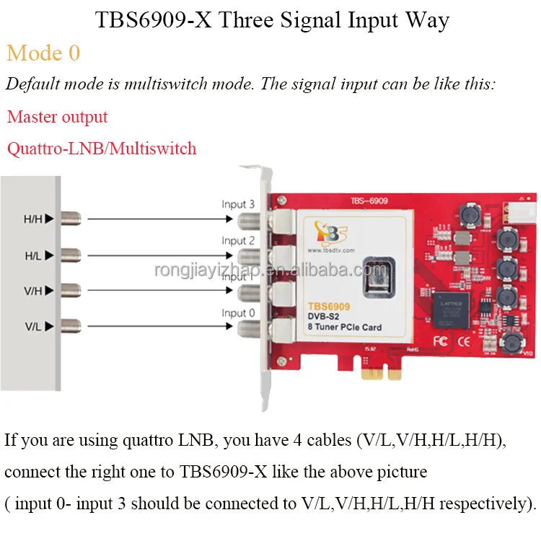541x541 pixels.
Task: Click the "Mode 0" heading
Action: tap(43, 53)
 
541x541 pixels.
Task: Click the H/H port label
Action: tap(34, 219)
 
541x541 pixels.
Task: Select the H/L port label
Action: tap(34, 255)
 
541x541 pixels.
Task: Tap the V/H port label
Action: tap(34, 291)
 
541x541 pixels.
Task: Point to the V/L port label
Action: tap(34, 327)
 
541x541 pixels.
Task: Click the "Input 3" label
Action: tap(238, 204)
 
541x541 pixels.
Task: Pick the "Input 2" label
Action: tap(238, 240)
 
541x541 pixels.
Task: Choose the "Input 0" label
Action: tap(238, 312)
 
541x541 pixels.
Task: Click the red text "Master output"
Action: tap(58, 117)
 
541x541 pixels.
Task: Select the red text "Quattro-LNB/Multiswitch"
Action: tap(102, 149)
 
